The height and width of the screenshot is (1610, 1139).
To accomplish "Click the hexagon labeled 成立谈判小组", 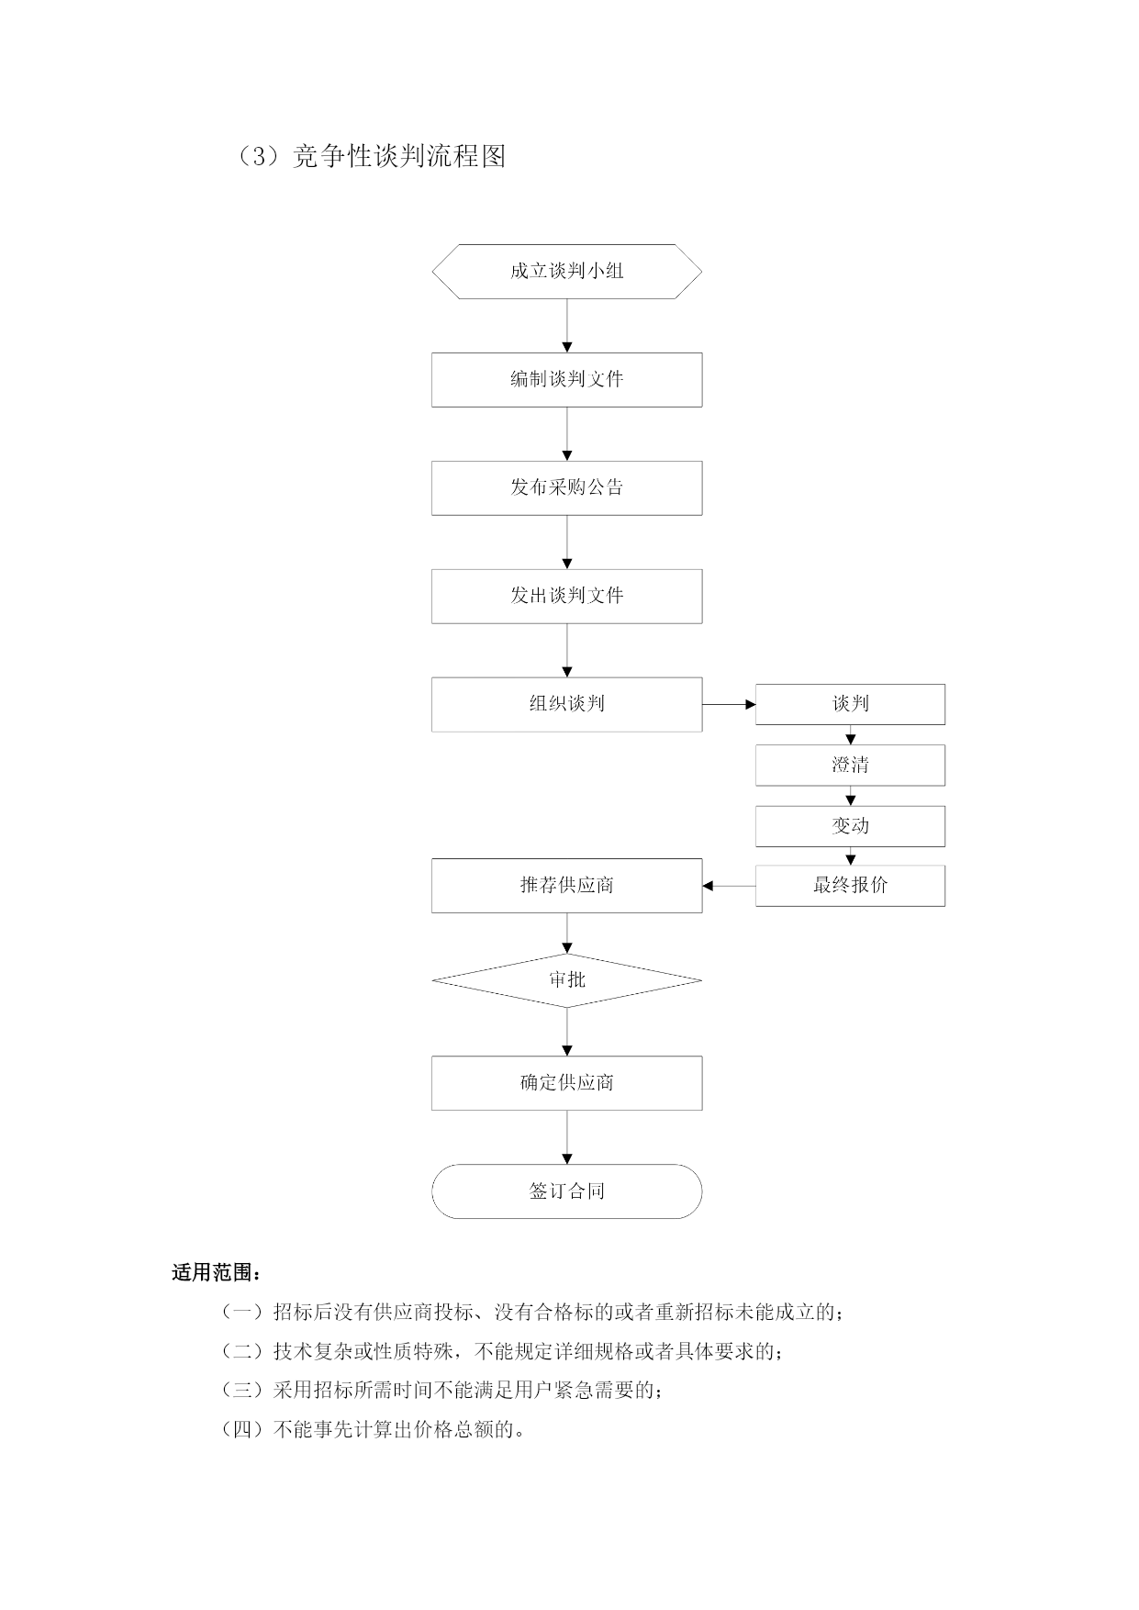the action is coord(567,272).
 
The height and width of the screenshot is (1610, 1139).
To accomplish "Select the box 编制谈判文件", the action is coord(567,379).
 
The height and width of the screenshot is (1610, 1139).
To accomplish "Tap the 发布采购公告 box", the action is coord(567,487).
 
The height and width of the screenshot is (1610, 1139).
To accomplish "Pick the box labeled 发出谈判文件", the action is coord(567,596).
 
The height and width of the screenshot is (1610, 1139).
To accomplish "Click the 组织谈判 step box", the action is coord(567,704).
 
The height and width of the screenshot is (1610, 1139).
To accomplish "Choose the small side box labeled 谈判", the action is coord(850,704).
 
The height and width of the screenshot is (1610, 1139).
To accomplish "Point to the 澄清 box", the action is coord(850,765).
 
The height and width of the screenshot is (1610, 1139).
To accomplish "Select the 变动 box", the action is coord(850,826).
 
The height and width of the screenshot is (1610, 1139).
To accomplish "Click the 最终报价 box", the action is coord(850,886).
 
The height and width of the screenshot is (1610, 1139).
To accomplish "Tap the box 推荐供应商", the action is coord(567,886).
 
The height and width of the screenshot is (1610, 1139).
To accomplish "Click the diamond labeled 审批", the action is coord(567,980).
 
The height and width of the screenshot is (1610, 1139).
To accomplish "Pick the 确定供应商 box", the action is coord(567,1083).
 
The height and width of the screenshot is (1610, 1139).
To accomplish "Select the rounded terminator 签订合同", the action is coord(567,1191).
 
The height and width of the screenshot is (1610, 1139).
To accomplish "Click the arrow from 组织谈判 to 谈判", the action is coord(729,704).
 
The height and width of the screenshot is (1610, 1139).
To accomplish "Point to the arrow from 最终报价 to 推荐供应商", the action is coord(730,886).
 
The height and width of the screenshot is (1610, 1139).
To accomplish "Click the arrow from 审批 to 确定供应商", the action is coord(567,1032).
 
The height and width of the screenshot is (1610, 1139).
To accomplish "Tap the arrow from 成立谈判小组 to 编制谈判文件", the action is coord(567,326).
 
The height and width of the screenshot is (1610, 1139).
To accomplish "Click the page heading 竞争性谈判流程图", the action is coord(399,156).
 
